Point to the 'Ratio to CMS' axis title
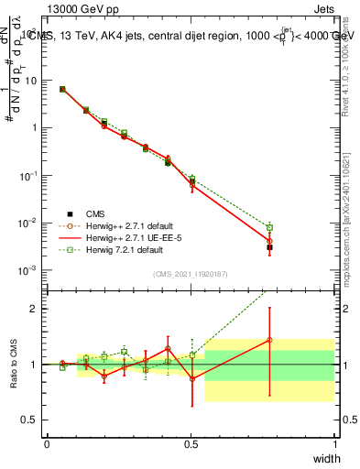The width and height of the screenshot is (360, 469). coord(13,365)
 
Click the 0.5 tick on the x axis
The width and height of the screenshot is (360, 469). coord(191,444)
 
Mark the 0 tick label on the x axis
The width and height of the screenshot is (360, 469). coord(47,444)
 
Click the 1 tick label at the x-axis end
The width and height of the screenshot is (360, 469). coord(334,444)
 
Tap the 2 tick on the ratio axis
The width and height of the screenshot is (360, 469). coord(35,309)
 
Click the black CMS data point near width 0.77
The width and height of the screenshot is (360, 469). coord(269,247)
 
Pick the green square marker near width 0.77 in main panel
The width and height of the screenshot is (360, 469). coord(269,227)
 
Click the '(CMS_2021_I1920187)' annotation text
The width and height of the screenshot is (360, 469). coord(190,273)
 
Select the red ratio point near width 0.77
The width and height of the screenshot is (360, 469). coord(269,340)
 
